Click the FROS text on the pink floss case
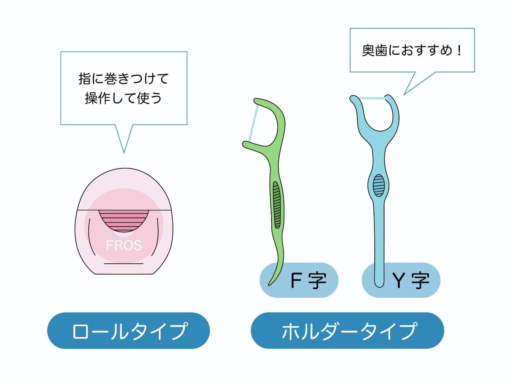pyautogui.click(x=124, y=245)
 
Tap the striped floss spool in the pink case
pyautogui.click(x=124, y=220)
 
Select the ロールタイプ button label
pyautogui.click(x=129, y=331)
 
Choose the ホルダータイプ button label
pyautogui.click(x=348, y=331)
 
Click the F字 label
pyautogui.click(x=308, y=281)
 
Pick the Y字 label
pyautogui.click(x=411, y=281)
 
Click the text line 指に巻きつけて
pyautogui.click(x=124, y=79)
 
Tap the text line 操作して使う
pyautogui.click(x=124, y=98)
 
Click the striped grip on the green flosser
pyautogui.click(x=277, y=205)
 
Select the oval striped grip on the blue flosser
pyautogui.click(x=379, y=185)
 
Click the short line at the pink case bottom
pyautogui.click(x=124, y=264)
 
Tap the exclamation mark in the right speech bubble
pyautogui.click(x=459, y=51)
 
